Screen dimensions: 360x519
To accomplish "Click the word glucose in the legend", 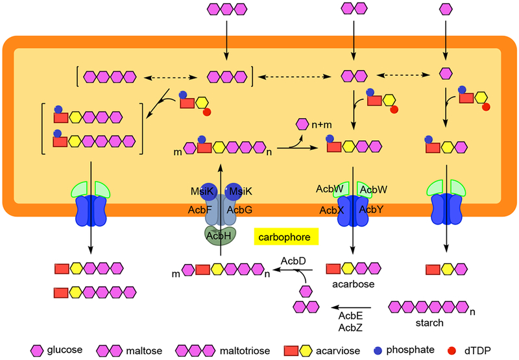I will [65, 350].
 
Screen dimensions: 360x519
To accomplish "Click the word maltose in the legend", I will [148, 350].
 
